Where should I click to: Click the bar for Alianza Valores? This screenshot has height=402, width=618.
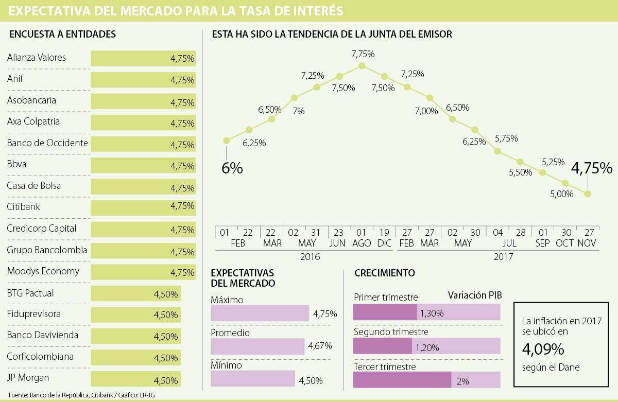point(143,59)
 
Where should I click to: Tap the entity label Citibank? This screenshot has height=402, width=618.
point(24,207)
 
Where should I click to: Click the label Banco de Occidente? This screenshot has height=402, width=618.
point(47,143)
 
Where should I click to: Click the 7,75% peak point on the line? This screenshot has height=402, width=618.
point(362,66)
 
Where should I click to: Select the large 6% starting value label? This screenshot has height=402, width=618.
point(232,168)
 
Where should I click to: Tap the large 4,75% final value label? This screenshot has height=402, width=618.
point(592,168)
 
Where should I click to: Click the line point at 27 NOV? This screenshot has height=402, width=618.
point(588,194)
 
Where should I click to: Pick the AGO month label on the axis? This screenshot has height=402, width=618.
point(362,243)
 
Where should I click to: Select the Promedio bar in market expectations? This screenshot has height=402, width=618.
point(257,346)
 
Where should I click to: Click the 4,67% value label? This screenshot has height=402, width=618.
point(320,346)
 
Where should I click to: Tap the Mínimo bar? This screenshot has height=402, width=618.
point(253,379)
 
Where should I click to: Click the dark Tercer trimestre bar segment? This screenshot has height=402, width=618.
point(402,380)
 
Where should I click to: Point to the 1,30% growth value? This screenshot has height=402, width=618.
point(431,313)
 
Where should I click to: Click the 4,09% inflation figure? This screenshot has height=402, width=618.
point(543,350)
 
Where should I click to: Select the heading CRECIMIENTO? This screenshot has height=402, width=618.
point(384,273)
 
